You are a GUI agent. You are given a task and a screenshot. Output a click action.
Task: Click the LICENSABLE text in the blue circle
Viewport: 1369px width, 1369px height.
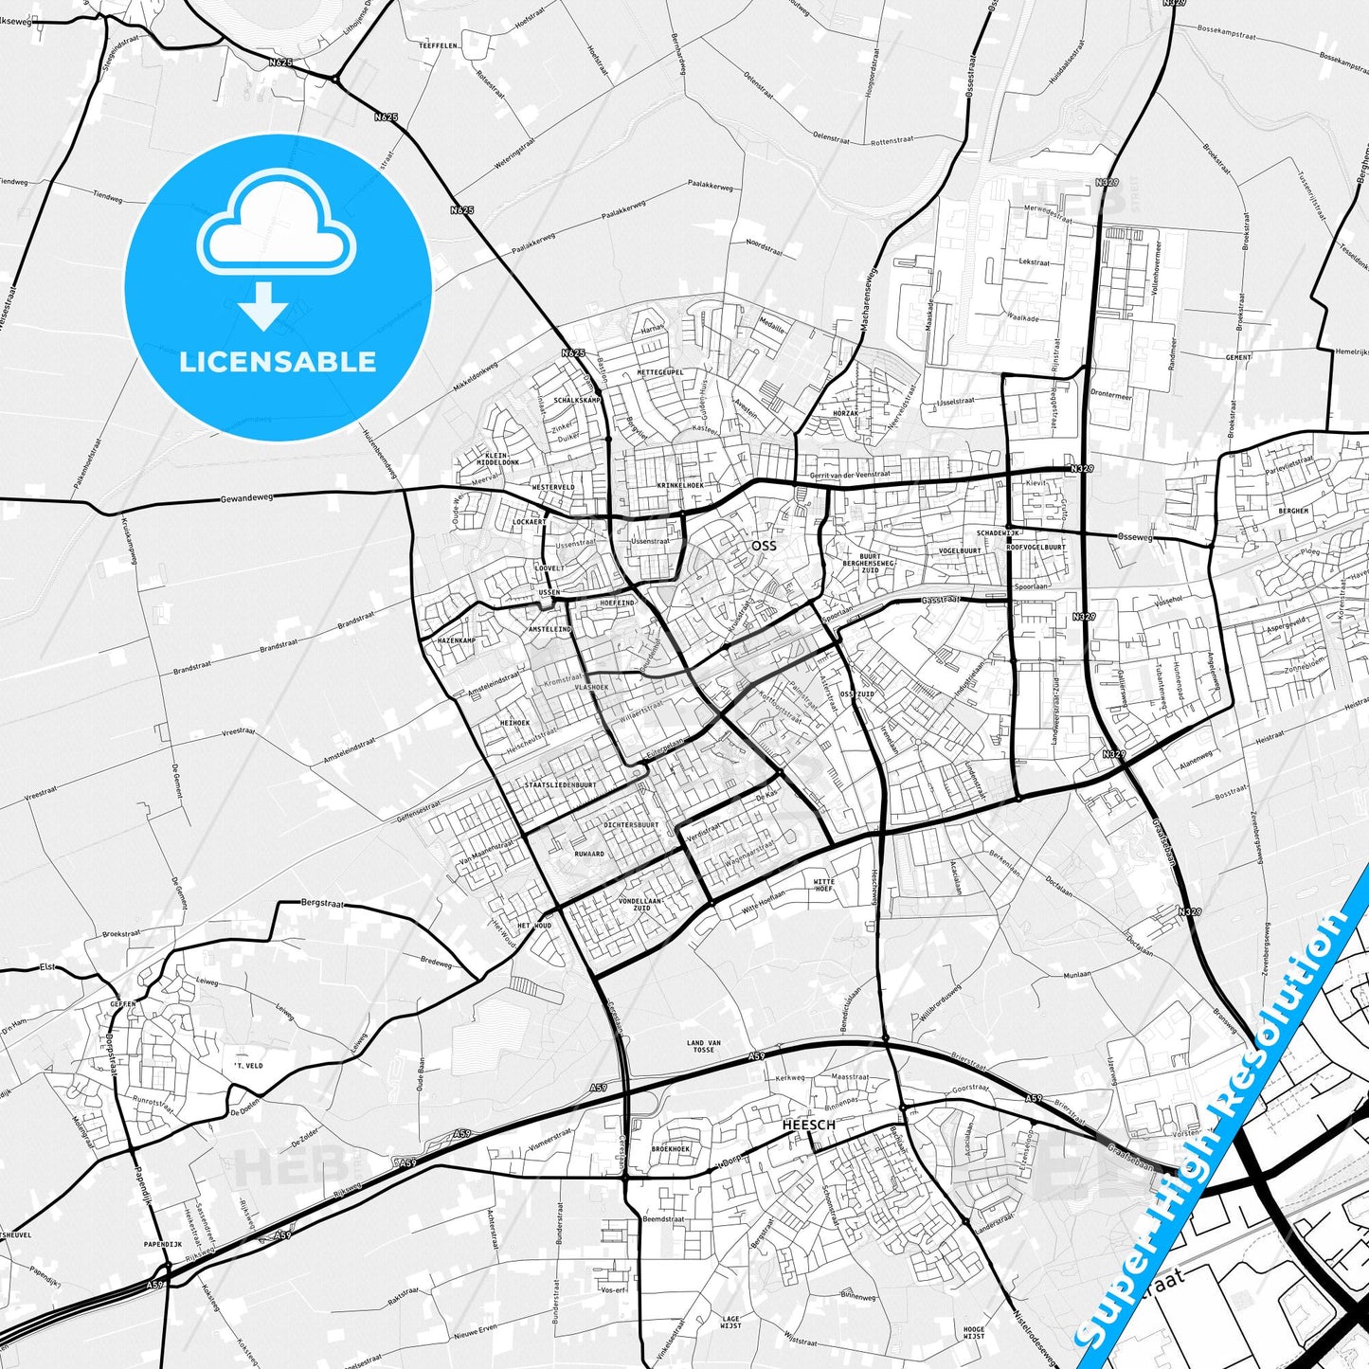(278, 362)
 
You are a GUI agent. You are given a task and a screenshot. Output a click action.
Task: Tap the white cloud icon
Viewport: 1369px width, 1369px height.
(277, 232)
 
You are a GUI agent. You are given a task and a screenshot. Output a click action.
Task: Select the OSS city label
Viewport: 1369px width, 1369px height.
(763, 546)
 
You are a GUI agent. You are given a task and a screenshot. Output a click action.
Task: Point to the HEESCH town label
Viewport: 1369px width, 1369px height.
(808, 1125)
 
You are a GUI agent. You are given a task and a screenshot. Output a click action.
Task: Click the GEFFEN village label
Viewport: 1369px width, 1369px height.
(122, 1003)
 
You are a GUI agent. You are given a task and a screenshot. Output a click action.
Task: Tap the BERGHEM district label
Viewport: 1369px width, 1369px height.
(1293, 511)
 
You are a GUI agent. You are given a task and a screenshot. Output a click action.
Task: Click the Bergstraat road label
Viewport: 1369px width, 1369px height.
(321, 904)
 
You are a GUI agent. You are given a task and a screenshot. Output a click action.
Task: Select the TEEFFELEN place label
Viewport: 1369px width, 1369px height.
(440, 45)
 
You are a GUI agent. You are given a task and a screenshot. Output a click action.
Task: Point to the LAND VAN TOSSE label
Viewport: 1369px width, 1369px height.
(703, 1046)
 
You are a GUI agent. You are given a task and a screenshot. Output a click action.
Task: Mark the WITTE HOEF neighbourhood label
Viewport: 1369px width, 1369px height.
(824, 885)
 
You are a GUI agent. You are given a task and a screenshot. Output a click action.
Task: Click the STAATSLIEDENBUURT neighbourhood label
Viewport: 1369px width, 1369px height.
(560, 785)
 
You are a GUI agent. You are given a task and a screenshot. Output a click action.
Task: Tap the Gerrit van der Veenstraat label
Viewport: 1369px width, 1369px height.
(850, 475)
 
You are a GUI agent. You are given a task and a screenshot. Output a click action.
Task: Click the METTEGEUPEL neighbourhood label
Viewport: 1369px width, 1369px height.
(660, 372)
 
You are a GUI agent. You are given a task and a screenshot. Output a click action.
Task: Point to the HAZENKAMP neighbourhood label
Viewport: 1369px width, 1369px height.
(456, 641)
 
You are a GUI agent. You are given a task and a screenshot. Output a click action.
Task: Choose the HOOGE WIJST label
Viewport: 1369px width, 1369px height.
(973, 1333)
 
